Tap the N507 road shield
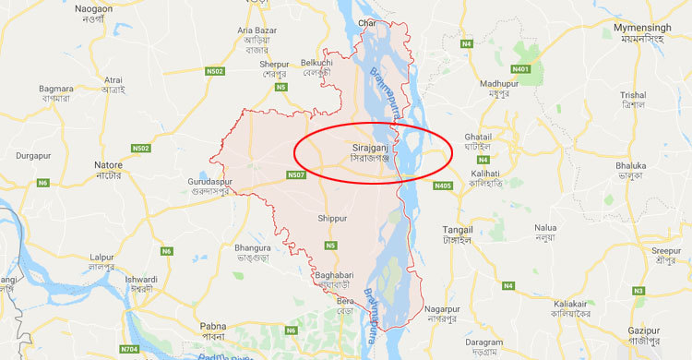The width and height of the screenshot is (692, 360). click(x=296, y=174)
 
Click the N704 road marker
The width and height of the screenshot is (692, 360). click(x=131, y=349)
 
